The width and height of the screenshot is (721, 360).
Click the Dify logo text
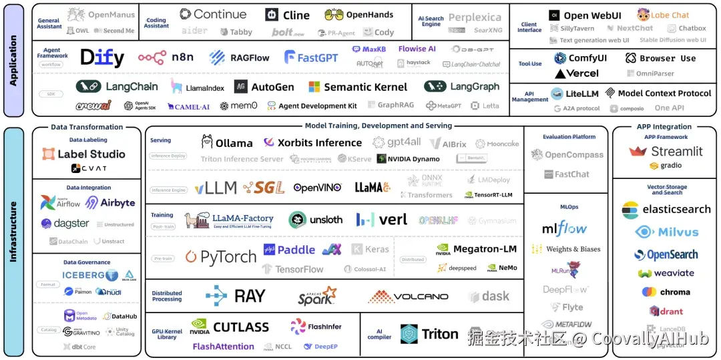(x=102, y=57)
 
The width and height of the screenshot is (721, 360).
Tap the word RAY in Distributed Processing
(x=250, y=296)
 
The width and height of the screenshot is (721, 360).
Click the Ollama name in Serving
(x=234, y=142)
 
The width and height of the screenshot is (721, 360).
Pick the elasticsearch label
(x=676, y=209)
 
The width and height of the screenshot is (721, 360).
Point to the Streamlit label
(x=676, y=151)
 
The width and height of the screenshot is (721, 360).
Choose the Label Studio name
(x=91, y=154)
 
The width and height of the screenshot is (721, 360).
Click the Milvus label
(x=678, y=232)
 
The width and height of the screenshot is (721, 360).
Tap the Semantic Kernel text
(x=365, y=87)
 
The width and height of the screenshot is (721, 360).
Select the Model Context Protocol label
(x=664, y=94)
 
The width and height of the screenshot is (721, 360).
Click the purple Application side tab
(x=13, y=59)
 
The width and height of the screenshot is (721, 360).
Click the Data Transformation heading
(x=87, y=127)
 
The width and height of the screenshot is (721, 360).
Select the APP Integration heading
(x=664, y=127)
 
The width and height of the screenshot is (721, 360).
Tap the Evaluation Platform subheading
(x=569, y=137)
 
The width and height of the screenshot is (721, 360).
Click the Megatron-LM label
(x=485, y=249)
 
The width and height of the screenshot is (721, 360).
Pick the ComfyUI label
(x=587, y=58)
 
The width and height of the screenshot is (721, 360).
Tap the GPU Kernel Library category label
(x=168, y=334)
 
